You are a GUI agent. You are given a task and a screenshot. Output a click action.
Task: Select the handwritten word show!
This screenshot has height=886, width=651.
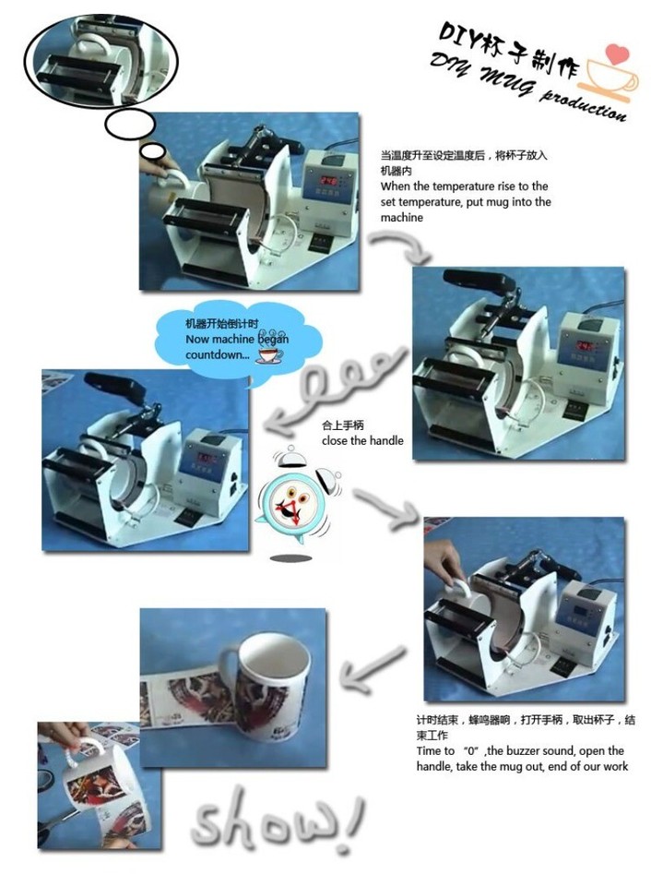click(x=277, y=817)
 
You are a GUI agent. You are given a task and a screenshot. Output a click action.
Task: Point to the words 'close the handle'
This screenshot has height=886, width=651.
click(x=362, y=441)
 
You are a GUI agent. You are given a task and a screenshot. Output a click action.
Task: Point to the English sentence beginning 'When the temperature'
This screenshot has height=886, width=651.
click(x=466, y=202)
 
